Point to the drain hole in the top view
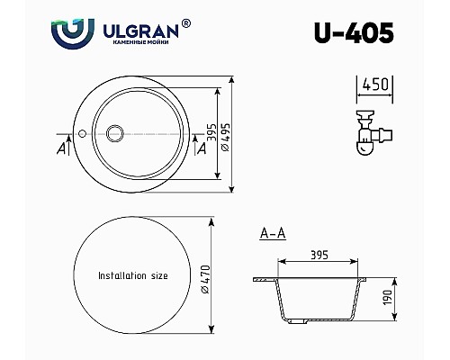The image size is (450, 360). [x=115, y=134]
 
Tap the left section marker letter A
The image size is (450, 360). [x=59, y=149]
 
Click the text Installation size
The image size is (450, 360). [x=134, y=275]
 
